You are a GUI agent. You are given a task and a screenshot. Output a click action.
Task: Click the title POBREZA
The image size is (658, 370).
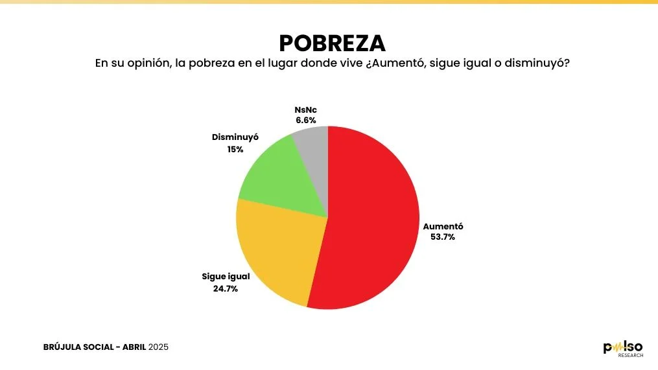(x=332, y=43)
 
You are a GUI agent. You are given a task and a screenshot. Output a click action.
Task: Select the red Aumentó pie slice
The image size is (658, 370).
(x=376, y=220)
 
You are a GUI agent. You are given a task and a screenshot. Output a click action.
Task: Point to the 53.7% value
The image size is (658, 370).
(x=443, y=237)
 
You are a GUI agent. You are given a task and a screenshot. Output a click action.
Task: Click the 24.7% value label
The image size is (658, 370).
(x=226, y=288)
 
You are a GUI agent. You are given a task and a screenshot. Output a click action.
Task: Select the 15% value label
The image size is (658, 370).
(x=235, y=149)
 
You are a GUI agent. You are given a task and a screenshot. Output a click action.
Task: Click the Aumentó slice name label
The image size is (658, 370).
(x=443, y=227)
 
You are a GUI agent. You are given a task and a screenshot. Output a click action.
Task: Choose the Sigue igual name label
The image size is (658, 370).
(x=226, y=277)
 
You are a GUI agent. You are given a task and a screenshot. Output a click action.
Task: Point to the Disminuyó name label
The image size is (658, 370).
(x=235, y=138)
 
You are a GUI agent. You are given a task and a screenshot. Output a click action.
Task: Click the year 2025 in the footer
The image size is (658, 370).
(x=158, y=347)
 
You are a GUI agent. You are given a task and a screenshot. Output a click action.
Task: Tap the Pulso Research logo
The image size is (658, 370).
(x=623, y=349)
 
